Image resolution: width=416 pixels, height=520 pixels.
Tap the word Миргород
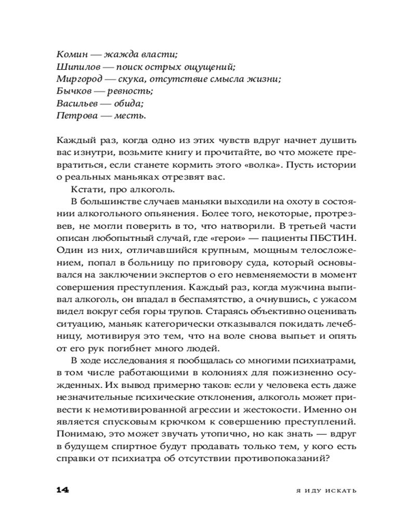pyautogui.click(x=76, y=79)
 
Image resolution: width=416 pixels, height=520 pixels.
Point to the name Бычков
pyautogui.click(x=71, y=91)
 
